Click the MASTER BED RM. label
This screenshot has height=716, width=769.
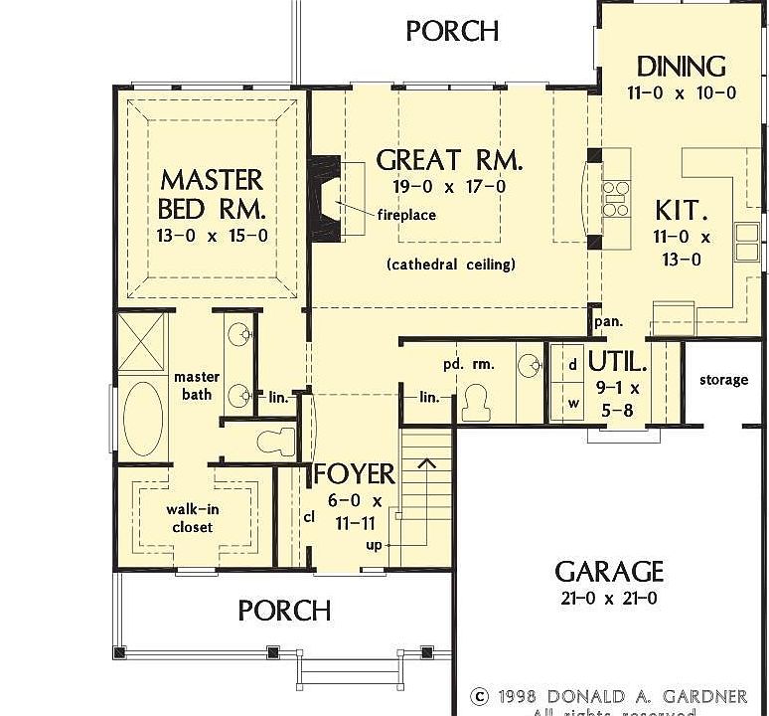[212, 194]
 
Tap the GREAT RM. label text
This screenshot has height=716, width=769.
[449, 159]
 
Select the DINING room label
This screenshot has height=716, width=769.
[682, 67]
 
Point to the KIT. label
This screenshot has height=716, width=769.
[682, 211]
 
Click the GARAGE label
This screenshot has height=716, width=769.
[608, 572]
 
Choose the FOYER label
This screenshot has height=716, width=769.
[355, 474]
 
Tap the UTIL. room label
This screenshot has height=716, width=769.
[618, 360]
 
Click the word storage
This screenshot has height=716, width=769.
[723, 380]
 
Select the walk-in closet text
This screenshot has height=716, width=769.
[191, 517]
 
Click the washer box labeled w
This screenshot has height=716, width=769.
[572, 404]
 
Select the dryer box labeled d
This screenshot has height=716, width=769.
[572, 364]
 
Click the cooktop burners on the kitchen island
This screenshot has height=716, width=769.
[615, 198]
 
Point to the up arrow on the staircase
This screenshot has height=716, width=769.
[428, 463]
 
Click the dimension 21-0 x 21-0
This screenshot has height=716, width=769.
[607, 599]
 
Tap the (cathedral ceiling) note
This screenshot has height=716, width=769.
[450, 265]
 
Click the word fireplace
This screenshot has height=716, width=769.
[405, 215]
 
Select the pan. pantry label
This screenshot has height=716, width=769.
[608, 321]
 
